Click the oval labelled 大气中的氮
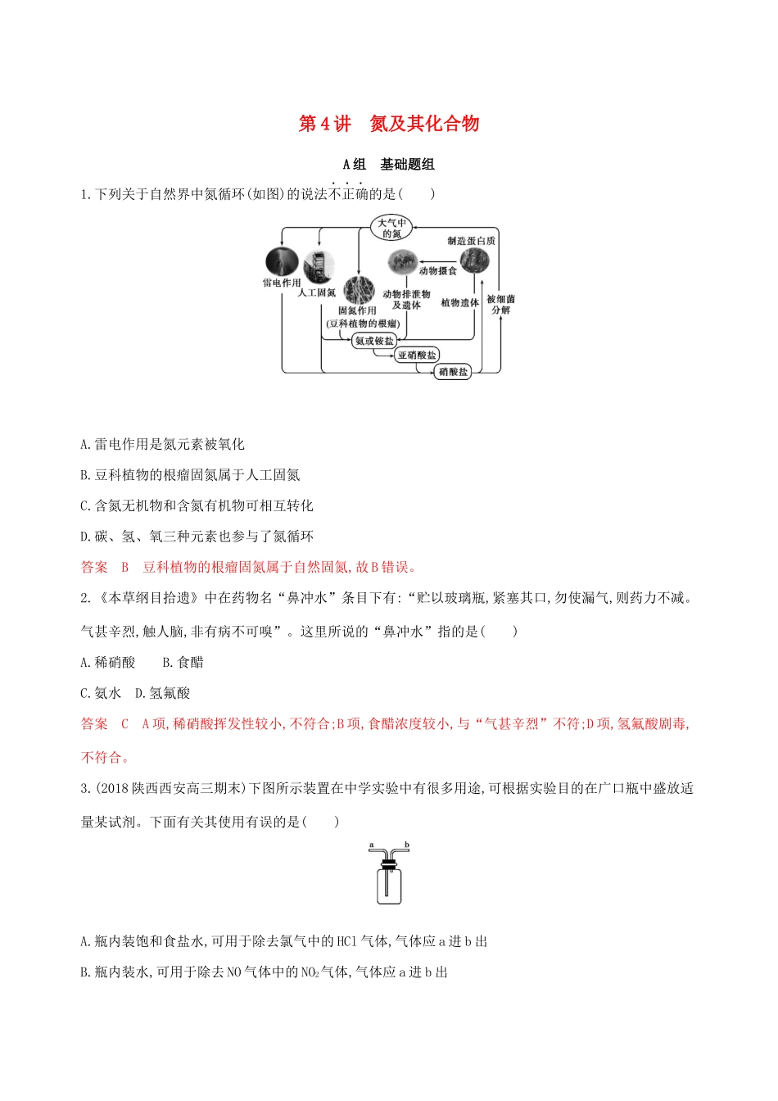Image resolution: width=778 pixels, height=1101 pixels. point(391,228)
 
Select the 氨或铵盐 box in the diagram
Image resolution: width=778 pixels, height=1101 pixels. point(374,340)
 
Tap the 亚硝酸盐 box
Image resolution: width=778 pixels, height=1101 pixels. point(417,355)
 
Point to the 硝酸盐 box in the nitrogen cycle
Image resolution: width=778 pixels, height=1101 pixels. point(453,372)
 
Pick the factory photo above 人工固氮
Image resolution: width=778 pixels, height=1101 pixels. point(319,268)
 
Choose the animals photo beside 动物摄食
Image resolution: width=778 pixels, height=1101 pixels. point(402,262)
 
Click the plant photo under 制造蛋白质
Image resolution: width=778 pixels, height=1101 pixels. point(474,261)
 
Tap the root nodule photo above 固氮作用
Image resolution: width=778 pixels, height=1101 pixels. point(358,290)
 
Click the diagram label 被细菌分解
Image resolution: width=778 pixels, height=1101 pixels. point(500,305)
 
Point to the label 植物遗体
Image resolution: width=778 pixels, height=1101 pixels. point(459,302)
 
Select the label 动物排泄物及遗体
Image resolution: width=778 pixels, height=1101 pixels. point(406,299)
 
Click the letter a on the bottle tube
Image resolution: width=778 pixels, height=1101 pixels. point(372,845)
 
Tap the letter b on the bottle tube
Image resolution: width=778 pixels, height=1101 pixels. point(407,845)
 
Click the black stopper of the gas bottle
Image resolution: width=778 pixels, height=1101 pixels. point(389,863)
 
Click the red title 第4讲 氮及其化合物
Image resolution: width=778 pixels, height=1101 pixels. point(389,124)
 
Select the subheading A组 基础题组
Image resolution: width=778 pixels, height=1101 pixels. point(389,164)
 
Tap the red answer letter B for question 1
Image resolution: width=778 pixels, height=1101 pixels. point(125,567)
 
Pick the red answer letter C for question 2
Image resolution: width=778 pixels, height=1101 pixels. point(125,724)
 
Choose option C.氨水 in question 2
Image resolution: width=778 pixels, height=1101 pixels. point(101,693)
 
